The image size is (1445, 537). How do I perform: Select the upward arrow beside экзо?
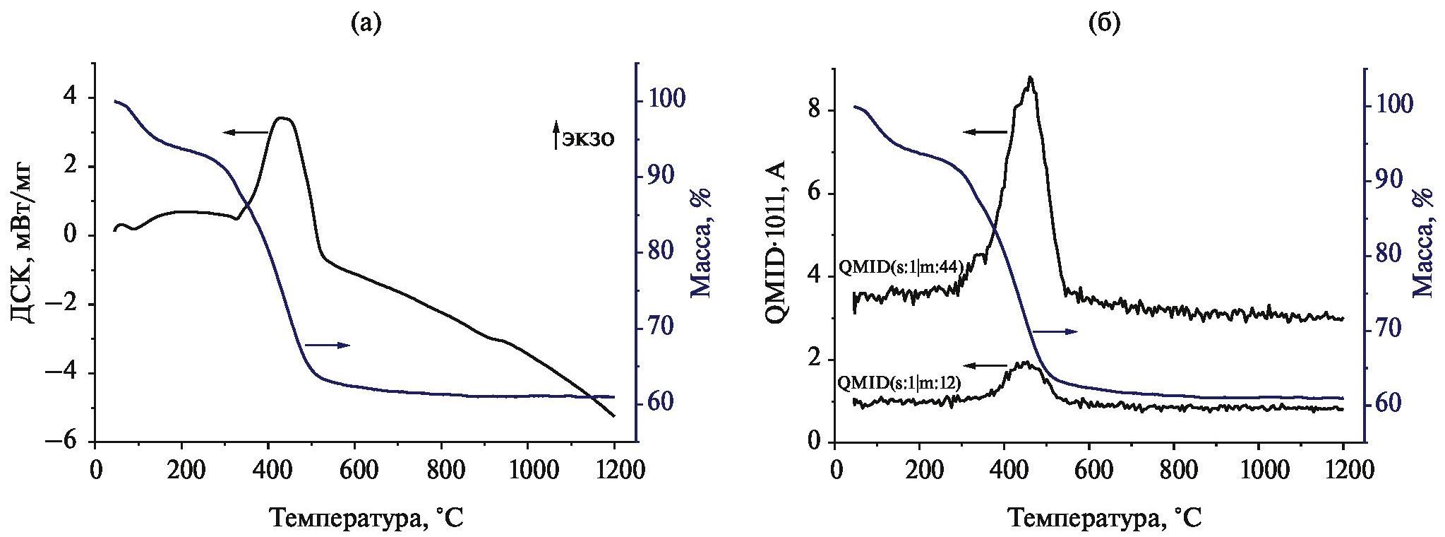coord(556,136)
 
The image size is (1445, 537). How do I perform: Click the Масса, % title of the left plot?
coord(700,252)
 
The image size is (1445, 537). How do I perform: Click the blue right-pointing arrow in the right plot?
coord(1055,331)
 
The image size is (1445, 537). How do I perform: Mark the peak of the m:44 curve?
coord(1031,78)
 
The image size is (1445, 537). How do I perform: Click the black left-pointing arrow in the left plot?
coord(245,131)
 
